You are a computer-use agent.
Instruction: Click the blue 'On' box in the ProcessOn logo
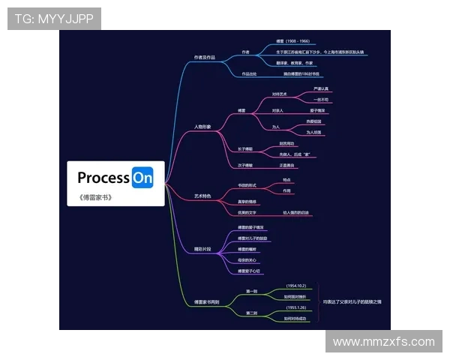[x=142, y=178]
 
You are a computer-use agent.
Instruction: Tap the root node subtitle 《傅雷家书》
[x=94, y=197]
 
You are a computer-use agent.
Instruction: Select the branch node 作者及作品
[x=204, y=57]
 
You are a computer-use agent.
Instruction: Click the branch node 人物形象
[x=202, y=127]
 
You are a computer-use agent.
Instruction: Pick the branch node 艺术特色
[x=202, y=196]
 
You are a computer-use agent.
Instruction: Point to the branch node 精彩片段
[x=202, y=248]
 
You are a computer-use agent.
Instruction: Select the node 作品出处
[x=249, y=74]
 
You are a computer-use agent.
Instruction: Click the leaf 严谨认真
[x=321, y=89]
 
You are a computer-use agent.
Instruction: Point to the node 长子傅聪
[x=245, y=148]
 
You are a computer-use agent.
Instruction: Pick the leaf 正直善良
[x=287, y=165]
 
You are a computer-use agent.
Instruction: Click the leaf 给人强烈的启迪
[x=295, y=213]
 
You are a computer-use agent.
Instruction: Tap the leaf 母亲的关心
[x=247, y=260]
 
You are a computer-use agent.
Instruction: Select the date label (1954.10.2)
[x=295, y=286]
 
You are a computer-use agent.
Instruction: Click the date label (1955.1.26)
[x=295, y=307]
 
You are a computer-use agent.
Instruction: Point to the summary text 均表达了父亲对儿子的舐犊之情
[x=352, y=301]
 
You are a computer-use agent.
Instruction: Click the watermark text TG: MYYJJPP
[x=54, y=19]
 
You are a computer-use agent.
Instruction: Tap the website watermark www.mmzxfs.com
[x=383, y=341]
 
